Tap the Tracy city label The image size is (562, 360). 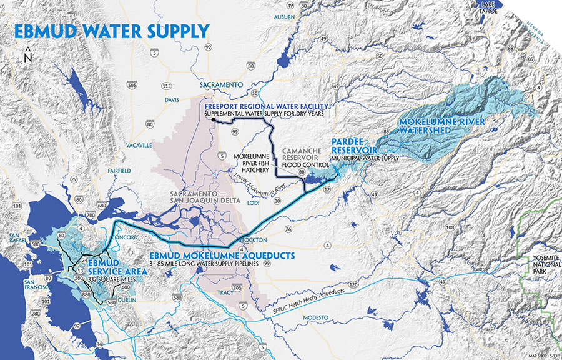click(x=223, y=291)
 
